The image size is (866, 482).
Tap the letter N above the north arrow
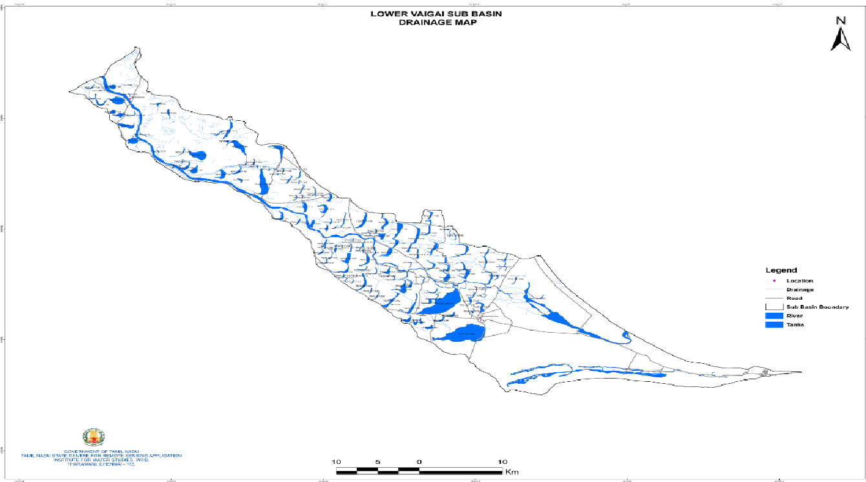pos(841,21)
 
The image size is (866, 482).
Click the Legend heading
pos(781,270)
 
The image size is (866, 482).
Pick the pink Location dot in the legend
pos(773,281)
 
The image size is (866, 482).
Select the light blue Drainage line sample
pos(773,289)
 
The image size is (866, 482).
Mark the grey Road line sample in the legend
pos(773,298)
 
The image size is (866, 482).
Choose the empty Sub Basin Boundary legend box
pos(773,306)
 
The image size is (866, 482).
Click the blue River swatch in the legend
pos(773,315)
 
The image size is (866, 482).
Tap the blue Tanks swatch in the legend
pos(773,324)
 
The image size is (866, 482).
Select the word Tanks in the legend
pos(796,324)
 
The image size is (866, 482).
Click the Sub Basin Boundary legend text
pos(818,307)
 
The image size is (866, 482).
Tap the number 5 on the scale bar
pos(378,462)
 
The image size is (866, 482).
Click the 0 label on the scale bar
pos(419,462)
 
